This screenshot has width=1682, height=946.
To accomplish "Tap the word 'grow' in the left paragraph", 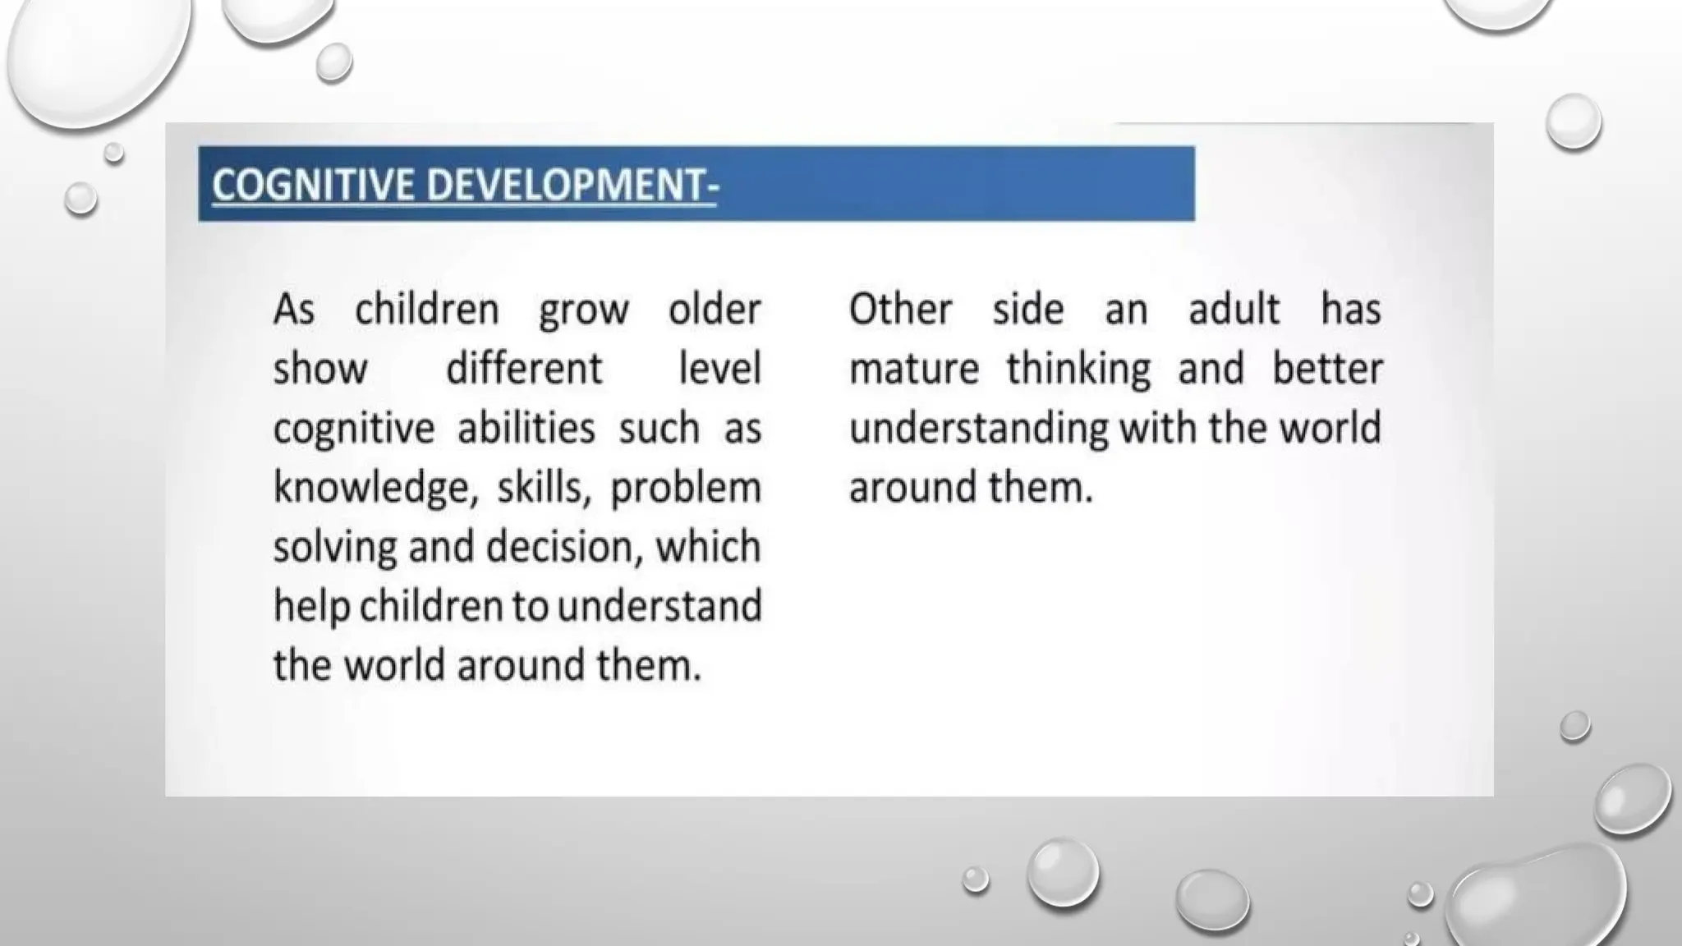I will (584, 310).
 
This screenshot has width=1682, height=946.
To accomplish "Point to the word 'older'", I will (715, 310).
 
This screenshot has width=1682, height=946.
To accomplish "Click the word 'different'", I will (524, 370).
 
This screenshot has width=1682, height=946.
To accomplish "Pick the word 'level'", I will (720, 370).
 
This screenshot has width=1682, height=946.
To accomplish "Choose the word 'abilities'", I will (526, 429).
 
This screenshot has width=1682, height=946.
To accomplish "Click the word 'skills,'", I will (544, 488).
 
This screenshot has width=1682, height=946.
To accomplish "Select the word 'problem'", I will (686, 489).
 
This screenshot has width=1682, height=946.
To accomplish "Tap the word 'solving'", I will (335, 548).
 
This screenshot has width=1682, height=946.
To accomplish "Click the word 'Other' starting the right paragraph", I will (900, 310).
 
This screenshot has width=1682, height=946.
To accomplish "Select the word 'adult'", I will (1234, 310).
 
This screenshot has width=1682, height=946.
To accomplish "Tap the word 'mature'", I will (914, 370).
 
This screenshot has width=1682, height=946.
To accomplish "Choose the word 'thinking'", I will (1078, 370).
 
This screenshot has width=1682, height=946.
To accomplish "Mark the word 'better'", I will (1327, 370).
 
